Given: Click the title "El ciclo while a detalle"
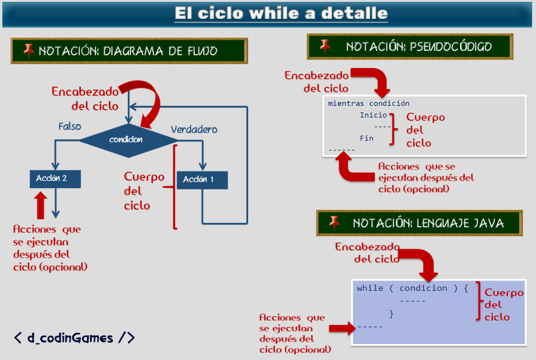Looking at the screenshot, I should pyautogui.click(x=281, y=13).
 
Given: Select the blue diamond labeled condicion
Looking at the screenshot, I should pyautogui.click(x=126, y=140).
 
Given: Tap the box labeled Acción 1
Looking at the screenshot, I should pyautogui.click(x=202, y=179).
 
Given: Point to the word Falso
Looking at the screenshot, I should pyautogui.click(x=70, y=127).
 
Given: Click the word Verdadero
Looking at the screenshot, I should pyautogui.click(x=194, y=129).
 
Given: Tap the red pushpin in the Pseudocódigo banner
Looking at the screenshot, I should pyautogui.click(x=326, y=46).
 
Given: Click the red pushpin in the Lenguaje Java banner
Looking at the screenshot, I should pyautogui.click(x=334, y=222).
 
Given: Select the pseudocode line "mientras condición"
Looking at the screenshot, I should pyautogui.click(x=368, y=104).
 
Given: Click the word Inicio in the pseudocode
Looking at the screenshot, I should pyautogui.click(x=373, y=115).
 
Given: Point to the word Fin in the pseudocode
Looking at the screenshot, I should pyautogui.click(x=366, y=138).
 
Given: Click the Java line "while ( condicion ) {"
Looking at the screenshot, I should pyautogui.click(x=412, y=288).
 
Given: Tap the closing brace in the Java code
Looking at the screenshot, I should pyautogui.click(x=391, y=313).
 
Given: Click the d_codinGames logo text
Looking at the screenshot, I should pyautogui.click(x=74, y=337).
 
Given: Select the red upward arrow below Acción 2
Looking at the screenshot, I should pyautogui.click(x=40, y=206).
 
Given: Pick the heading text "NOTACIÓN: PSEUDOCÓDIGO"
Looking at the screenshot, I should pyautogui.click(x=419, y=47).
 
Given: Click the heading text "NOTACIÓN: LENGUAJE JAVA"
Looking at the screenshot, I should pyautogui.click(x=428, y=223).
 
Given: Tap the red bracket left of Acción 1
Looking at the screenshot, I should pyautogui.click(x=173, y=186).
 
